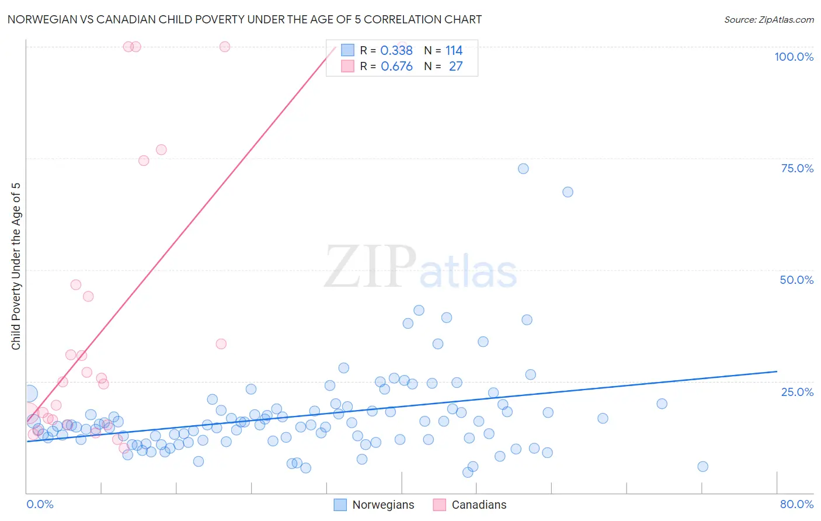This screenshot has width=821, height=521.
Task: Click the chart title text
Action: (244, 19)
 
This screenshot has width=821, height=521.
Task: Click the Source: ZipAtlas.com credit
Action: (768, 19)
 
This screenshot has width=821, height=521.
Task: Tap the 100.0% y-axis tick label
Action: (794, 57)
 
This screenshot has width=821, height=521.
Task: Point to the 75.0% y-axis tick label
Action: (797, 168)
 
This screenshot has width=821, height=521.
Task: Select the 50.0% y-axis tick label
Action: (796, 280)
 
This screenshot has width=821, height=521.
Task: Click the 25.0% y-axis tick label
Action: (797, 391)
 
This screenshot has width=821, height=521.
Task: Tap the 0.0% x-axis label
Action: (40, 504)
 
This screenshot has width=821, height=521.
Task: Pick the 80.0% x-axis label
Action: (796, 504)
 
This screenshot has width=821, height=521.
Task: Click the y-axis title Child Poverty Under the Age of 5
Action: (16, 266)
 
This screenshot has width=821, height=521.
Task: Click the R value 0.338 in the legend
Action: (396, 50)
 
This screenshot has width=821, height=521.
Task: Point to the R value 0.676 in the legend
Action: (396, 66)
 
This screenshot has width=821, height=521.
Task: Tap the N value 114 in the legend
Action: (454, 50)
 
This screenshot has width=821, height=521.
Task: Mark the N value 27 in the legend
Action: (455, 66)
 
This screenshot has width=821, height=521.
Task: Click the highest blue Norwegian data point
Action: (523, 168)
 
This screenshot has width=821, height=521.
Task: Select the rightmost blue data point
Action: (702, 466)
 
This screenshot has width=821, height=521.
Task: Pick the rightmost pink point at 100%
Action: (225, 47)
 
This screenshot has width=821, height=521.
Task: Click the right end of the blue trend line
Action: (777, 371)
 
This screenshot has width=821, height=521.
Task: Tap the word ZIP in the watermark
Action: (370, 267)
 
